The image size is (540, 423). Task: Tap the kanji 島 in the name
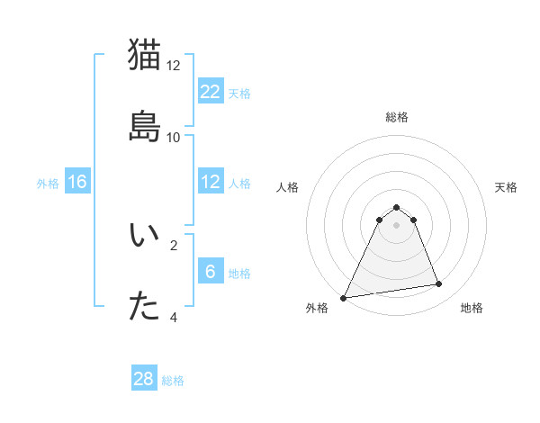tap(146, 126)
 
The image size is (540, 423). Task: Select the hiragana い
tap(146, 235)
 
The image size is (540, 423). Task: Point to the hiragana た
tap(146, 307)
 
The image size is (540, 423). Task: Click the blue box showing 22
tap(211, 92)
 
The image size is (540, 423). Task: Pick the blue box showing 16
tap(77, 183)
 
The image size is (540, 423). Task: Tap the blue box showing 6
tap(211, 272)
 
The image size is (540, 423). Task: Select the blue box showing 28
tap(144, 379)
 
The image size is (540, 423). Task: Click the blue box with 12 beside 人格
tap(211, 183)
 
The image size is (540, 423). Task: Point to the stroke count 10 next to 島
tap(174, 138)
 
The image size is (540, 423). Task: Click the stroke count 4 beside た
tap(174, 317)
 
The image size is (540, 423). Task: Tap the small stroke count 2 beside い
tap(174, 244)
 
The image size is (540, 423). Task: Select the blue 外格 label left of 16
tap(48, 184)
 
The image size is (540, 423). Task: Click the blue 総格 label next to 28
tap(173, 381)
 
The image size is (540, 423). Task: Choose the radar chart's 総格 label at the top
tap(396, 117)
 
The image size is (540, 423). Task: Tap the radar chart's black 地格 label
tap(472, 308)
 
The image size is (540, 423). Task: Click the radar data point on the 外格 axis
tap(344, 297)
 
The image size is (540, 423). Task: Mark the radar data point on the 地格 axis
tap(439, 284)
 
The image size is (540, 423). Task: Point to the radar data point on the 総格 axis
tap(396, 207)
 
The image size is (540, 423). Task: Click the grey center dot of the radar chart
tap(396, 225)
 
